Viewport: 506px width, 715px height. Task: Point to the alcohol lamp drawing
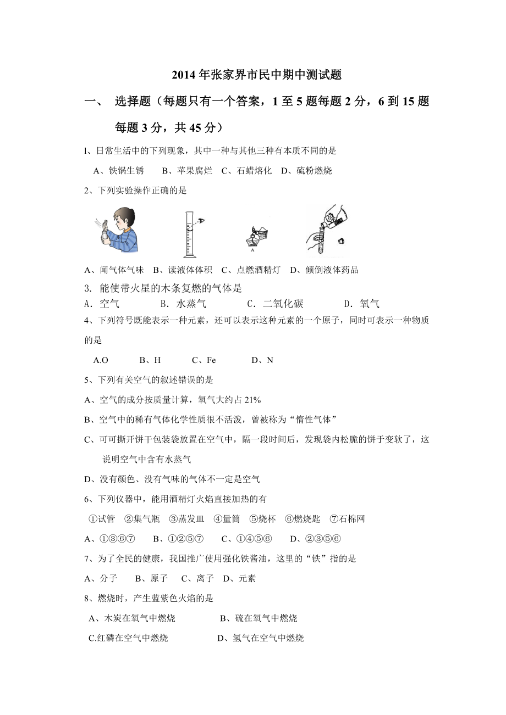[x=254, y=237]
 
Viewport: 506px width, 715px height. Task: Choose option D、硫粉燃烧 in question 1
[x=306, y=171]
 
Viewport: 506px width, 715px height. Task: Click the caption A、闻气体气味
[x=114, y=270]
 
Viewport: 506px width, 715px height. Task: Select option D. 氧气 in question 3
[x=361, y=304]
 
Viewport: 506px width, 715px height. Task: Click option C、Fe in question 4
[x=204, y=360]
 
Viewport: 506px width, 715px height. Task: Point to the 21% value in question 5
[x=252, y=400]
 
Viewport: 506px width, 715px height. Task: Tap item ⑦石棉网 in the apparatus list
[x=347, y=519]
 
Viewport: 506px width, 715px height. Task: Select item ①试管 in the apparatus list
[x=102, y=519]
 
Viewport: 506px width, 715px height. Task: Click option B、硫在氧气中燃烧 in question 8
[x=258, y=618]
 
